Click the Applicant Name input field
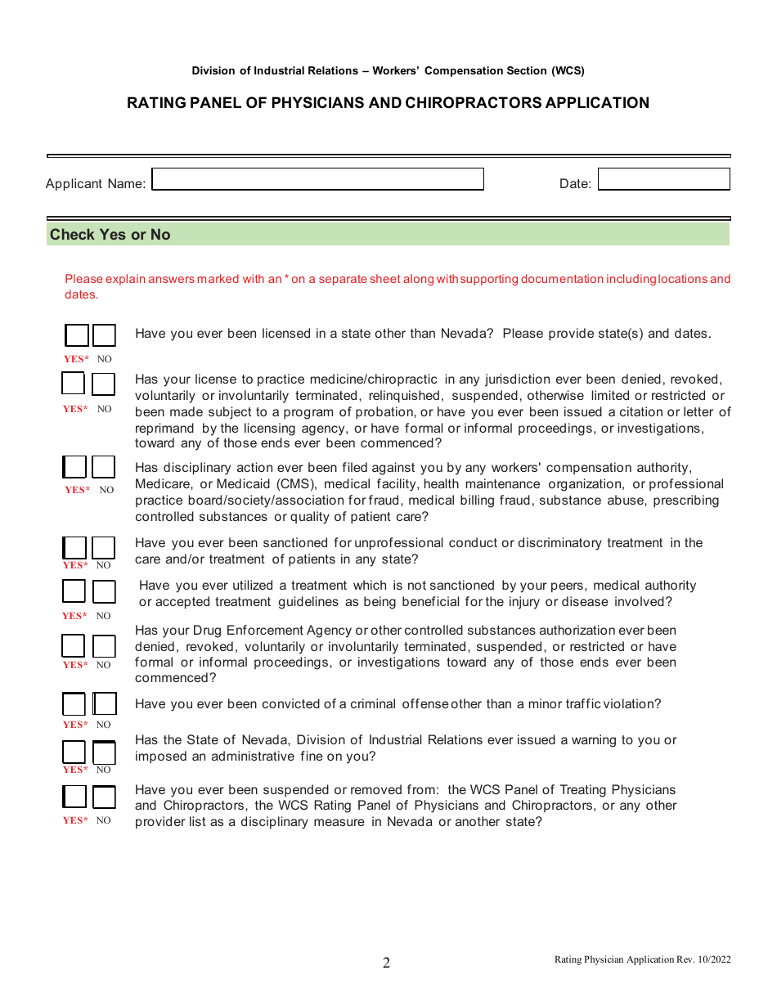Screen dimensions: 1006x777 click(x=318, y=180)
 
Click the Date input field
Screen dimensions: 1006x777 click(x=663, y=180)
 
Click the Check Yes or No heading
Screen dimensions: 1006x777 click(x=110, y=235)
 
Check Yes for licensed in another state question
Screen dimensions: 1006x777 click(x=76, y=336)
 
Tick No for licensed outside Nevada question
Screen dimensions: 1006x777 click(x=104, y=336)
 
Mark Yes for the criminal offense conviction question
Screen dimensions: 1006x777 click(x=74, y=704)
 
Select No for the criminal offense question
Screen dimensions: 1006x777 click(x=105, y=704)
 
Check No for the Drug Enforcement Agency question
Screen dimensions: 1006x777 click(x=104, y=646)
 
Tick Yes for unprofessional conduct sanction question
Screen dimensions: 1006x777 click(x=74, y=548)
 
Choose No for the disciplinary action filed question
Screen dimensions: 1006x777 click(x=104, y=467)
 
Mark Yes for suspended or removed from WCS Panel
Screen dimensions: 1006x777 click(x=74, y=797)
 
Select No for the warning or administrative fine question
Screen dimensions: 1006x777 click(x=104, y=752)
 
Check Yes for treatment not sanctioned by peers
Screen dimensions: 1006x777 click(x=74, y=591)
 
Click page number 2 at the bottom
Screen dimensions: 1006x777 click(x=387, y=963)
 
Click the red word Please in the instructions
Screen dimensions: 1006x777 click(x=84, y=279)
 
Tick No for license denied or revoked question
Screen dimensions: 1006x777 click(x=103, y=384)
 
